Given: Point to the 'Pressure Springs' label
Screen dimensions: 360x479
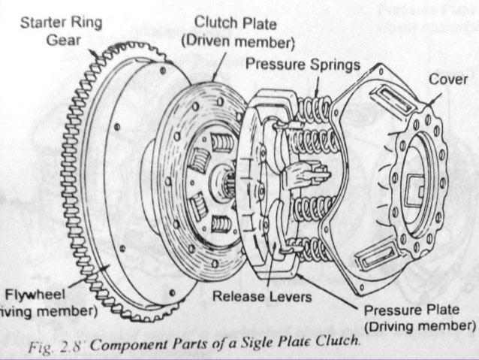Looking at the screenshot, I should pos(303,64).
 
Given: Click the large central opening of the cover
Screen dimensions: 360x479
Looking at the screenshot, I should pos(416,180).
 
